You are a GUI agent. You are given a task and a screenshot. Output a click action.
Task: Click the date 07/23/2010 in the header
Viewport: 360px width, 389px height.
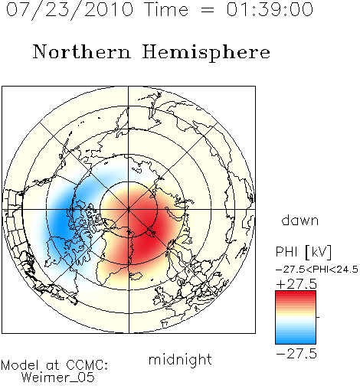tap(70, 10)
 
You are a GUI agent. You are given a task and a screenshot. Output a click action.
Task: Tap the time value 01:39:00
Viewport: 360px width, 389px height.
tap(270, 9)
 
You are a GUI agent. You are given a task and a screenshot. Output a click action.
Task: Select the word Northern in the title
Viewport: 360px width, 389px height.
tap(82, 51)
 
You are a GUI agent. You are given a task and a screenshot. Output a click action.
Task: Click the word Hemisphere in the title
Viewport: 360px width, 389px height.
tap(206, 53)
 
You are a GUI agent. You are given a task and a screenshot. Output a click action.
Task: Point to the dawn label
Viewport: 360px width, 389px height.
tap(300, 220)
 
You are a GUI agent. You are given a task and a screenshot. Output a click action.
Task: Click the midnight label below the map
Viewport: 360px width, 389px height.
tap(180, 360)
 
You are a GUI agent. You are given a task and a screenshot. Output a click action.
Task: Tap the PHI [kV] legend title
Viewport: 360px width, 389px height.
tap(303, 252)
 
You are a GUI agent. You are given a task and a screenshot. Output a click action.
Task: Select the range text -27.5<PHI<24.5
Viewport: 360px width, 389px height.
tap(317, 270)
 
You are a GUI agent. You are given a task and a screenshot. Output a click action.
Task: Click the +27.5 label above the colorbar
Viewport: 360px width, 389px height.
tap(296, 284)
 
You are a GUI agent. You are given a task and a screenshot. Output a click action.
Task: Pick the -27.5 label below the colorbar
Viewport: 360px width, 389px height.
tap(296, 354)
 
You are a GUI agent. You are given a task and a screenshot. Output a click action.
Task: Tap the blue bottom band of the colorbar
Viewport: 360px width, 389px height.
tap(296, 339)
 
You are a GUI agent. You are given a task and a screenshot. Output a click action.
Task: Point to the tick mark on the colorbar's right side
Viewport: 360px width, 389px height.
tap(318, 317)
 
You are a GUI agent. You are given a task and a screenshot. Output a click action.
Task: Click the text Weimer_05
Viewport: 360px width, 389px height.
tap(58, 378)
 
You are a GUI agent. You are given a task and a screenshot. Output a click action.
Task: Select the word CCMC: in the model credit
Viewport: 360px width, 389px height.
tap(87, 365)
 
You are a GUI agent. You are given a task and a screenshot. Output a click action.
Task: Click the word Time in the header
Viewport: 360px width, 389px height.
tap(166, 9)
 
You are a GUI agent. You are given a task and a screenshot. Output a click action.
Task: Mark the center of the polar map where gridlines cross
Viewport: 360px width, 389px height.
tap(129, 210)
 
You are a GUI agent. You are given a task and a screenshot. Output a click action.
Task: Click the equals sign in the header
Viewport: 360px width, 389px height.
tap(207, 11)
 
